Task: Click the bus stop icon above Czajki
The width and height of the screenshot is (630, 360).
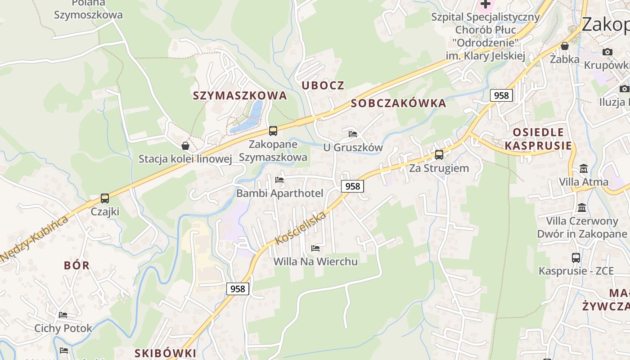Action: coord(105,198)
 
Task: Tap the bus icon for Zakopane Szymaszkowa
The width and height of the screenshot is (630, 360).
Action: coord(273,131)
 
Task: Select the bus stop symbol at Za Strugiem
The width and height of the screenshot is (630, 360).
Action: coord(439,155)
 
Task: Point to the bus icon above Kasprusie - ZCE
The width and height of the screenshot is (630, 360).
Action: coord(576,258)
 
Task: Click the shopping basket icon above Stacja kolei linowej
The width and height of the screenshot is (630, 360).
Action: coord(185,146)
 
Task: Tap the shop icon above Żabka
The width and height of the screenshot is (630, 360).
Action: coord(565,46)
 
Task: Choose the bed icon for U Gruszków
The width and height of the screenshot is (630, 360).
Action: coord(353,134)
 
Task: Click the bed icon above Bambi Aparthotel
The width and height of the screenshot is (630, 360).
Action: coord(279,180)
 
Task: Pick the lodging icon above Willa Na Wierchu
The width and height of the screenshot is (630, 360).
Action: coord(315,248)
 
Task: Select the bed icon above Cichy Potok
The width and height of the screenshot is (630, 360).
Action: coord(63,315)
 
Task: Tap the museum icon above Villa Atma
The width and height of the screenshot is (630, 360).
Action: coord(584,169)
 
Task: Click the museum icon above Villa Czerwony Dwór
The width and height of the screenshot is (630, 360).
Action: coord(582,208)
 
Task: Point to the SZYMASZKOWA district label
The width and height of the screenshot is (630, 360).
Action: coord(240,96)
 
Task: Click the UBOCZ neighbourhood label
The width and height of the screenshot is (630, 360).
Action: coord(323,85)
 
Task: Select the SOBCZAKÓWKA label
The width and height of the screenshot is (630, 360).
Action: coord(398,103)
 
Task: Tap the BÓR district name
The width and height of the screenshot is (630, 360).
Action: coord(77,265)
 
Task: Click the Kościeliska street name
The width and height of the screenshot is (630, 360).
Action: coord(301,229)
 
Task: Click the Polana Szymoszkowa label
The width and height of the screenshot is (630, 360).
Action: coord(88,9)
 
